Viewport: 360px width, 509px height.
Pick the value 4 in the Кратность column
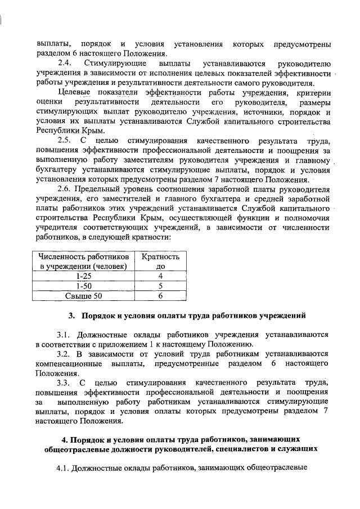(160, 276)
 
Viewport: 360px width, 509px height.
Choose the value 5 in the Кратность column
(160, 286)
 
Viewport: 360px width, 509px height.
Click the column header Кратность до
(160, 260)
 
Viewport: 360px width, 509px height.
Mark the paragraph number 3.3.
(65, 382)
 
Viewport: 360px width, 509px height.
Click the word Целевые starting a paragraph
(76, 93)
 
